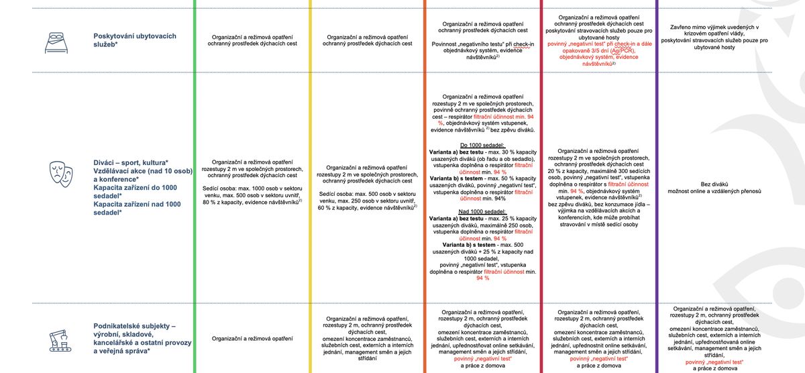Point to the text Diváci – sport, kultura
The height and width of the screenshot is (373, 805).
click(x=131, y=163)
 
